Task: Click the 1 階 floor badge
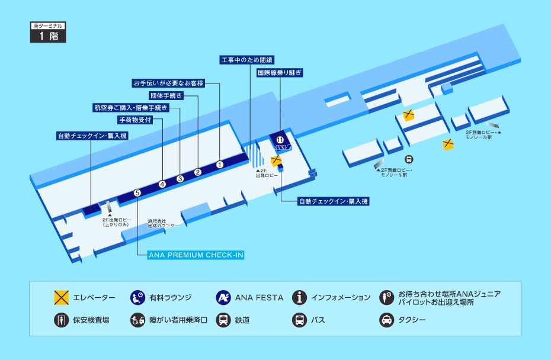[x=47, y=36]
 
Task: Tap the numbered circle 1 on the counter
[x=219, y=165]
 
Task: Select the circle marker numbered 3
[x=180, y=178]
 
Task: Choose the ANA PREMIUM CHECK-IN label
[x=197, y=255]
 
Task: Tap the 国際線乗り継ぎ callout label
[x=280, y=73]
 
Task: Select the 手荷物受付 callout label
[x=136, y=120]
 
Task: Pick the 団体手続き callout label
[x=166, y=95]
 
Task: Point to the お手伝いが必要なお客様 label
[x=168, y=83]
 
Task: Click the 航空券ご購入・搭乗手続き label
[x=131, y=108]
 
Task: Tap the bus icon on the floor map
[x=409, y=159]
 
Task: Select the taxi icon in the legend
[x=386, y=320]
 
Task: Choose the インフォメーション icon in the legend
[x=300, y=297]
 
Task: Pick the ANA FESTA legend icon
[x=223, y=297]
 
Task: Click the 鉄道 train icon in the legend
[x=223, y=320]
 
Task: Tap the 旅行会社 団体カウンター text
[x=163, y=223]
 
